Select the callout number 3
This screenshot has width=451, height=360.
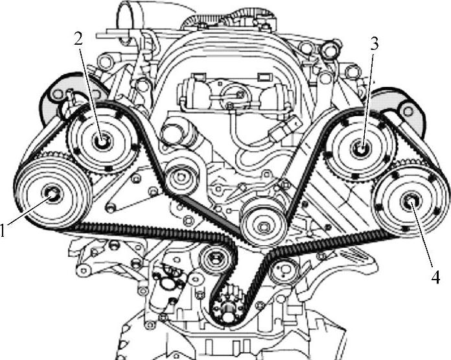pyautogui.click(x=375, y=45)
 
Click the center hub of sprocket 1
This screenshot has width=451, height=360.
pyautogui.click(x=51, y=193)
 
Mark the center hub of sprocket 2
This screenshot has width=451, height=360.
pyautogui.click(x=101, y=139)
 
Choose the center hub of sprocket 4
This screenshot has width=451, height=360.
pyautogui.click(x=410, y=202)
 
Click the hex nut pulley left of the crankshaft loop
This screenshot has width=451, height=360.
pyautogui.click(x=211, y=260)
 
